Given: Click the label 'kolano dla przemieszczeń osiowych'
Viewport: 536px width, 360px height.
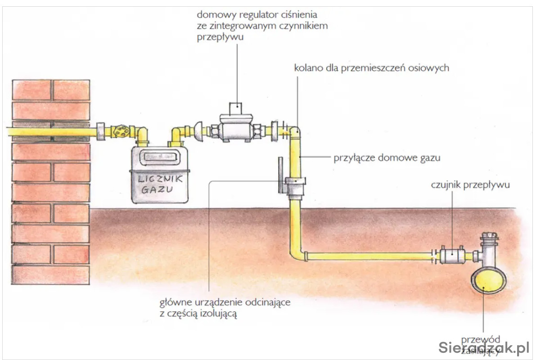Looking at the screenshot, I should pos(371,68).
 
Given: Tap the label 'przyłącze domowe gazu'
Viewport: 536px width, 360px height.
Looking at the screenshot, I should pos(387,158).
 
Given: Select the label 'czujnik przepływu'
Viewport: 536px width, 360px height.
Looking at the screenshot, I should pos(470,184).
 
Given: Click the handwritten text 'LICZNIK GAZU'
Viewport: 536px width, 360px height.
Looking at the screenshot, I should pos(157,184).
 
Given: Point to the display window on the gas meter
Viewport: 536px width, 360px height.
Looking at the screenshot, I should pos(157,156).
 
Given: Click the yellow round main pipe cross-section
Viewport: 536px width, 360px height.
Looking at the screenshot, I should pos(488,281).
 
